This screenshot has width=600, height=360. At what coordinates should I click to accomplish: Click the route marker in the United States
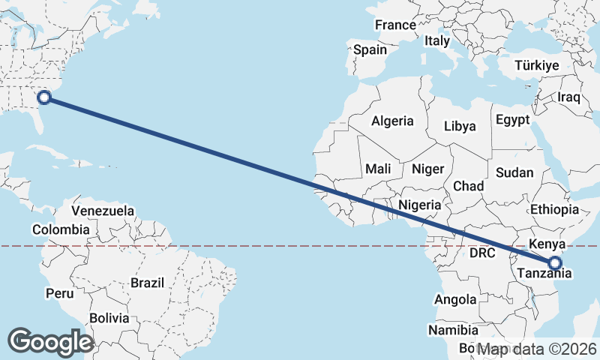coord(44,97)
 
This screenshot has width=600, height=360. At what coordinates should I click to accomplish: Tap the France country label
coord(395,25)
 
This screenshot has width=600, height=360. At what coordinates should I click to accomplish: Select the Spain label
coord(370,50)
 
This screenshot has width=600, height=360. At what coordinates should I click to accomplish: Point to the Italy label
coord(436,40)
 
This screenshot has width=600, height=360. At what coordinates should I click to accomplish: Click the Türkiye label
coord(537,66)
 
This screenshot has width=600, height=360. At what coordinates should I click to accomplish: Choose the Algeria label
coord(392,121)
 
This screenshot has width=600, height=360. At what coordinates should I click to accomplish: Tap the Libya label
coord(460,126)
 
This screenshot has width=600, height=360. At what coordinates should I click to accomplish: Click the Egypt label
coord(513,120)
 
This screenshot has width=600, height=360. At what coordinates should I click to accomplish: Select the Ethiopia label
coord(554,209)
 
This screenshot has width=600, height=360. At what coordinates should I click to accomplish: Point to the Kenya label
coord(546,244)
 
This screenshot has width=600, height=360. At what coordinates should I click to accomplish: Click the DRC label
coord(482,253)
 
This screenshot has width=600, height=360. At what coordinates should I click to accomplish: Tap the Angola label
coord(455,300)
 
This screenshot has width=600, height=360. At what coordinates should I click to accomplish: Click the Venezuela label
coord(103,211)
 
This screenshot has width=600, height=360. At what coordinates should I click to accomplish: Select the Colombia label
coord(61,229)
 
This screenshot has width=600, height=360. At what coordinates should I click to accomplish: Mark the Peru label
coord(59,293)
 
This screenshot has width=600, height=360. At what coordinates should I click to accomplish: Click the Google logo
coord(50,341)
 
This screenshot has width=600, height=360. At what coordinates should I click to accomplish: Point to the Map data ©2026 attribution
coord(537,349)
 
